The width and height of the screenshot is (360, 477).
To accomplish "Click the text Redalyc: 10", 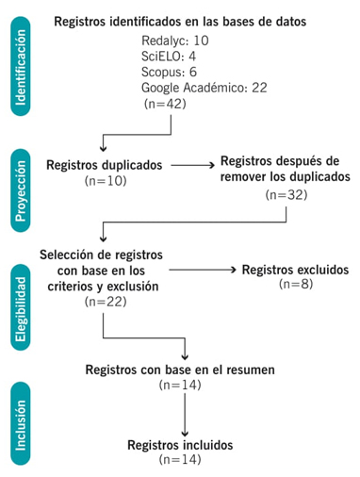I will [176, 41].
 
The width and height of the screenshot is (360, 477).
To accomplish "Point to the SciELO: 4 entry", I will [171, 57].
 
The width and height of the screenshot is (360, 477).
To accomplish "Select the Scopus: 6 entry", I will [171, 72].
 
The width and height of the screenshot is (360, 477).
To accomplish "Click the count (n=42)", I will [165, 104].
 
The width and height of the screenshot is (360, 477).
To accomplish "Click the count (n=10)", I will [105, 179].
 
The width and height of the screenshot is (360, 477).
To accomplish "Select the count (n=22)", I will [105, 302].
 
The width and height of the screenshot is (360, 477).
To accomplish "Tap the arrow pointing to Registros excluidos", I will [203, 270].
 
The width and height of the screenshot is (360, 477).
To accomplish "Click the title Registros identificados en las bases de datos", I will [192, 22].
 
